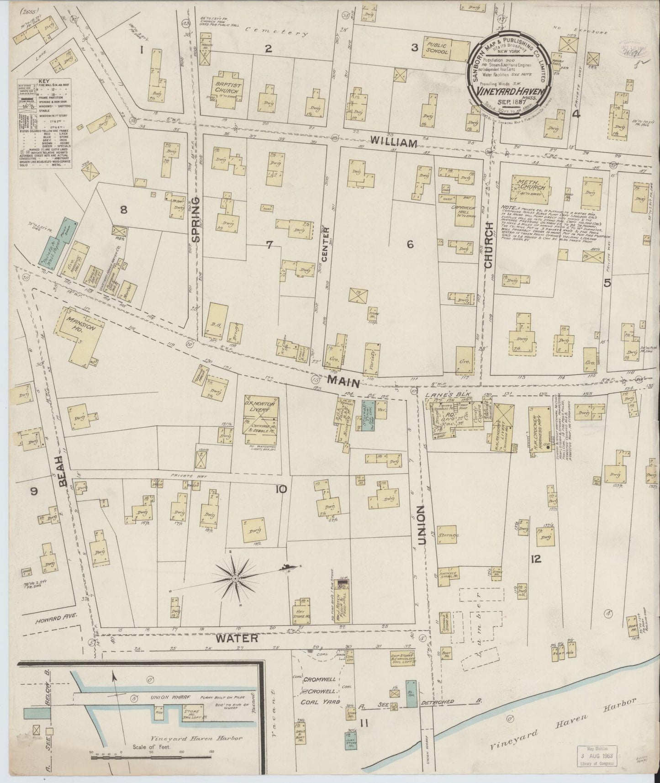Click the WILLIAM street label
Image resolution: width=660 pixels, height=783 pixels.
click(394, 143)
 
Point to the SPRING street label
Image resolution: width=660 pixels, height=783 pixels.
click(195, 219)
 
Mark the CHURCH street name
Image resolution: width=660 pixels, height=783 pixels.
click(489, 245)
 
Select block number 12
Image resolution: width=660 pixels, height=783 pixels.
click(536, 559)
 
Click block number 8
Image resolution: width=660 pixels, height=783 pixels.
click(123, 210)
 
